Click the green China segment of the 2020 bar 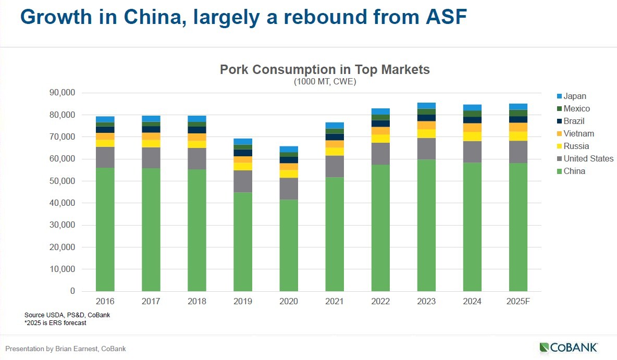(289, 245)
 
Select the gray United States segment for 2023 (426, 148)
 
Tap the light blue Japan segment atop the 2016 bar (105, 119)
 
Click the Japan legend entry (574, 96)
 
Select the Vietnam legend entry (578, 133)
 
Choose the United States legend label (588, 158)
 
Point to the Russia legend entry (576, 146)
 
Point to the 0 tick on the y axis (72, 291)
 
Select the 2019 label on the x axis (243, 301)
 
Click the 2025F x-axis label (518, 301)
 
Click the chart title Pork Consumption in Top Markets (325, 69)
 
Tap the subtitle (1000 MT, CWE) (325, 81)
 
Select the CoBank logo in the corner (569, 347)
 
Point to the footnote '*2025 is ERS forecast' (55, 323)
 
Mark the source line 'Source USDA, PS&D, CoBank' (67, 315)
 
